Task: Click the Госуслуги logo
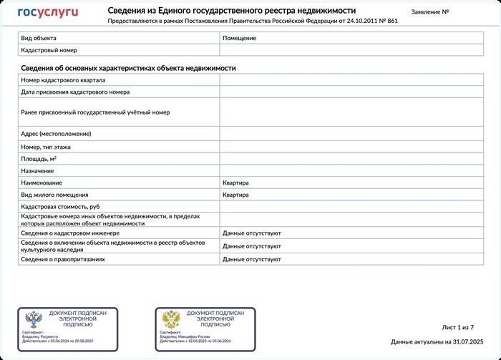(x=48, y=11)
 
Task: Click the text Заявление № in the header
(x=431, y=12)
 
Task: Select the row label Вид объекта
(x=39, y=38)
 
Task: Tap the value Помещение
(x=240, y=38)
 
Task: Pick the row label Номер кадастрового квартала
(x=63, y=80)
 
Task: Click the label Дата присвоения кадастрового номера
(x=75, y=92)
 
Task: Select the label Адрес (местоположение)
(x=56, y=134)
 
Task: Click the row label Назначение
(x=37, y=171)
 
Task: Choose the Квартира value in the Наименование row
(x=235, y=183)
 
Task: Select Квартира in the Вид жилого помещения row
(x=235, y=195)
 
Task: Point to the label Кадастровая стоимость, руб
(x=60, y=207)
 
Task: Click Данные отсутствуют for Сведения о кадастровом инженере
(x=251, y=233)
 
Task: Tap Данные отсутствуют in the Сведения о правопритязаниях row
(x=251, y=259)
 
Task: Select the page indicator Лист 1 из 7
(x=458, y=327)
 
